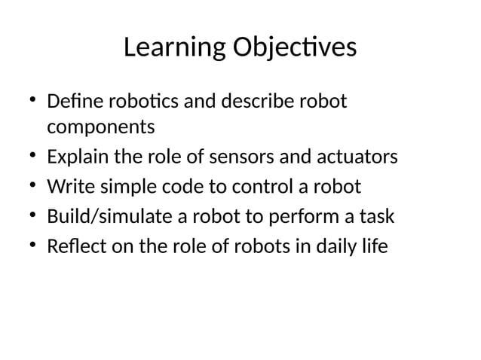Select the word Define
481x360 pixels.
69,100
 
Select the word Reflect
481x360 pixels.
72,246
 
